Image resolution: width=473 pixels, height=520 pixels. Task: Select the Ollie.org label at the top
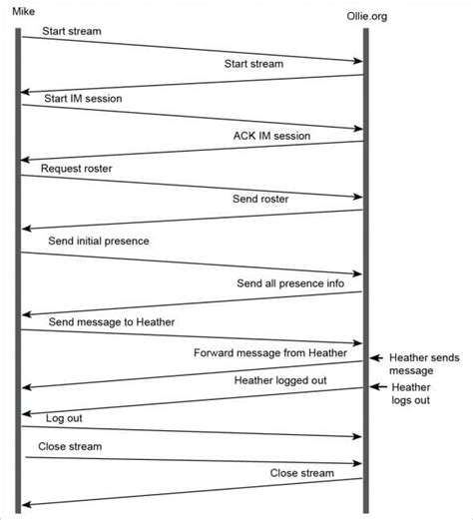tap(367, 17)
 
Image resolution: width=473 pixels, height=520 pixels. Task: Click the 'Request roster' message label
tap(77, 169)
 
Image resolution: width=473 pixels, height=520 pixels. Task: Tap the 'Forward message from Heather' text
tap(270, 352)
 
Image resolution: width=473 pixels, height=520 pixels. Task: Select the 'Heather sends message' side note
tap(424, 363)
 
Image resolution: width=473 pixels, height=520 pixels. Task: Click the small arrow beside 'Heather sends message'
tap(376, 357)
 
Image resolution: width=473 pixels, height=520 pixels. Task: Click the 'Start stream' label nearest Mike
tap(71, 31)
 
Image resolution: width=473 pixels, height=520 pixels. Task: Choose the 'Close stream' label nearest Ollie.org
tap(301, 472)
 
